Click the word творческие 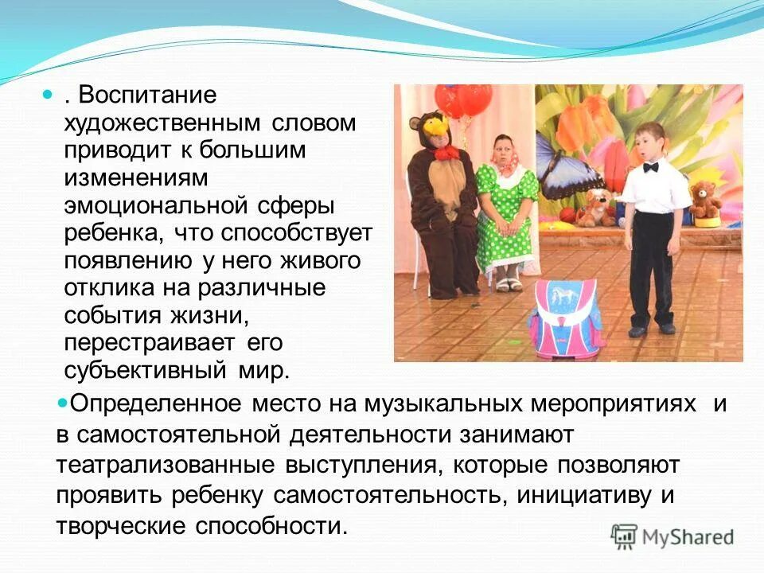pos(119,526)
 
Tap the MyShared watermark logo pos(672,536)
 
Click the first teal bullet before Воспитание pos(47,95)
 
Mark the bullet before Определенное pos(63,403)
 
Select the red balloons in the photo pos(464,100)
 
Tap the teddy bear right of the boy pos(705,200)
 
